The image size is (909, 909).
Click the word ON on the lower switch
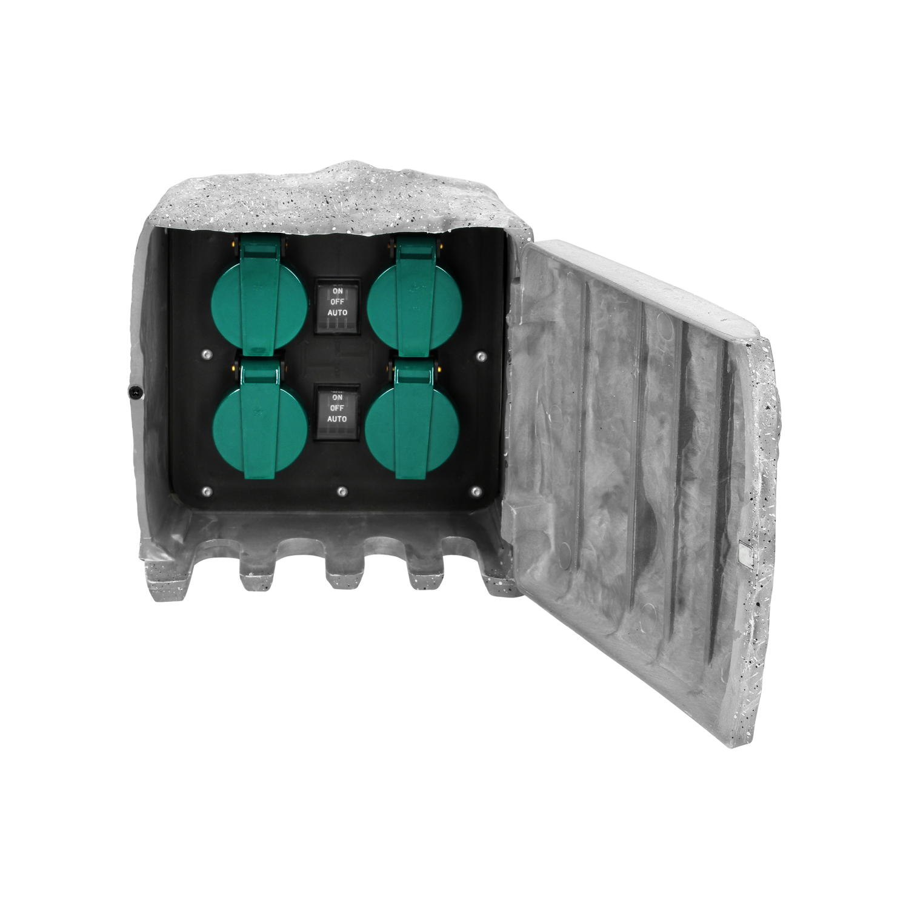click(338, 398)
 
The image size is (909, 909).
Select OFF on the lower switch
click(338, 408)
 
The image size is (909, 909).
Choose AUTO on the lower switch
click(338, 419)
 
